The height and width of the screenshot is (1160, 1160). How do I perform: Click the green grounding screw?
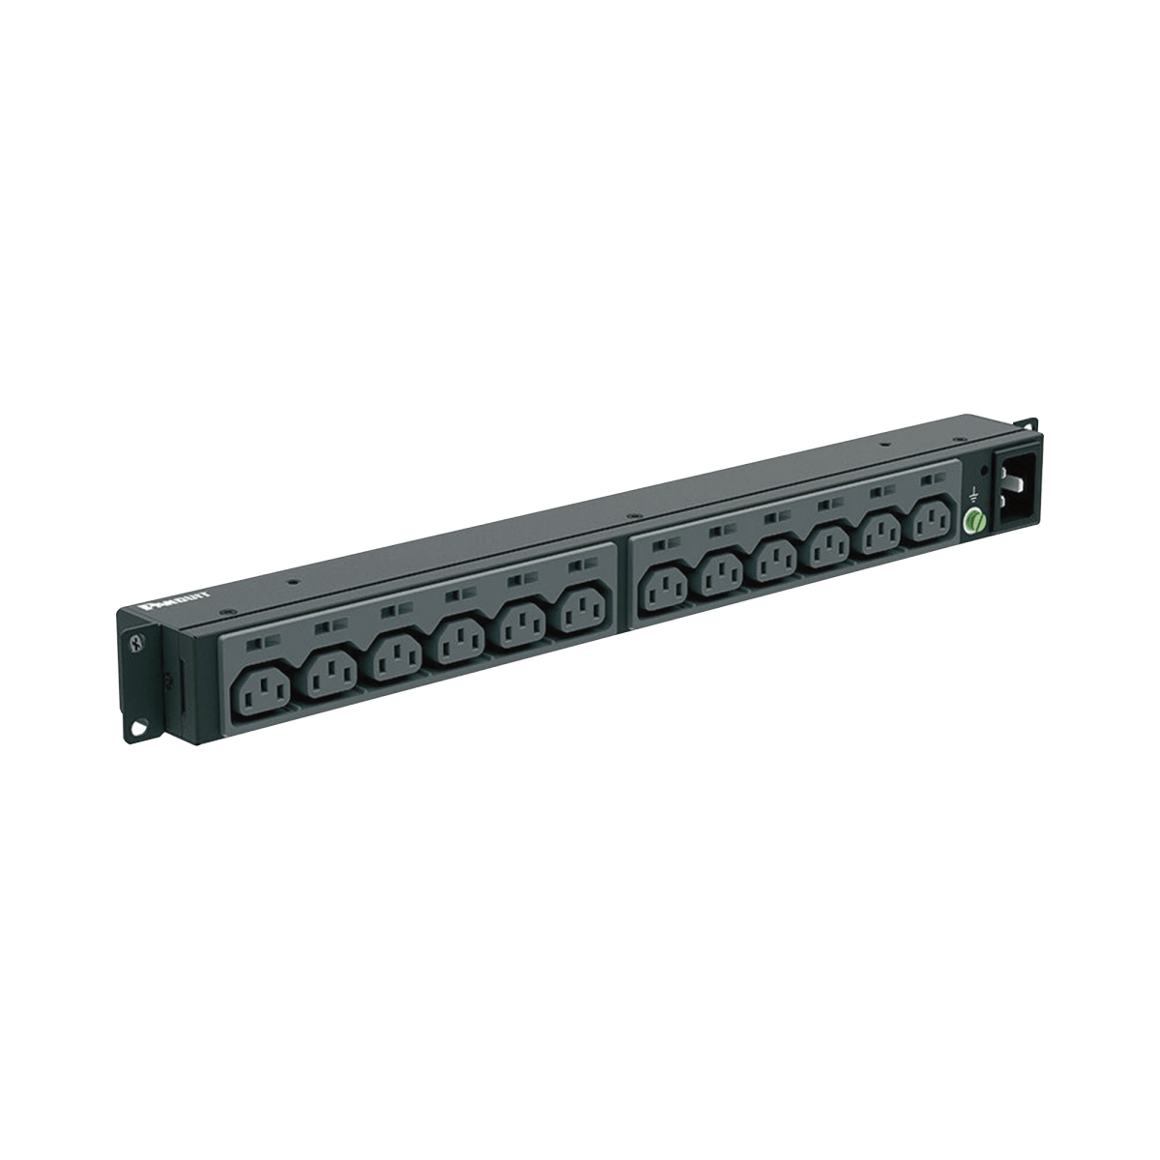coord(973,519)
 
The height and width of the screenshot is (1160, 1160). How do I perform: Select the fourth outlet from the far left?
coord(457,641)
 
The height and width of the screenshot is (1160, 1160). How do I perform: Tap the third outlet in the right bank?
coord(774,562)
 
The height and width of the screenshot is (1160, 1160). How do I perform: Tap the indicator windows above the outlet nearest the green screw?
coord(929,479)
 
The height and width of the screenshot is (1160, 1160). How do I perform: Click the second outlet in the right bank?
coord(721,576)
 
